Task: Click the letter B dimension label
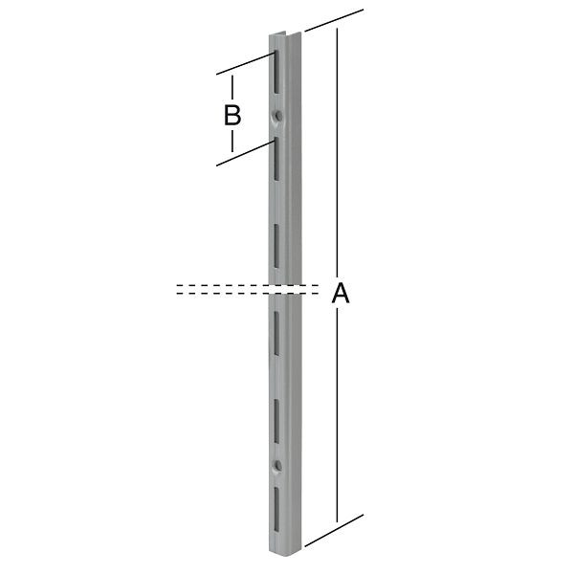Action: click(x=232, y=116)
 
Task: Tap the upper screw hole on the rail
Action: click(x=277, y=117)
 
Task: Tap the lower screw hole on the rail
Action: click(x=277, y=466)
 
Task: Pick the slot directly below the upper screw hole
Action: click(x=275, y=158)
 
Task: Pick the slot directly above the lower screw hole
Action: click(x=276, y=419)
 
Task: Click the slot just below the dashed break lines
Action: click(x=276, y=330)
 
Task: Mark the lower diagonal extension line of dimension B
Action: click(x=245, y=152)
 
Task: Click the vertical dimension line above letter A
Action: click(x=337, y=153)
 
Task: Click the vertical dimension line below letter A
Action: click(x=337, y=421)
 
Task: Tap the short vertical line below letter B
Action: click(x=232, y=141)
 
